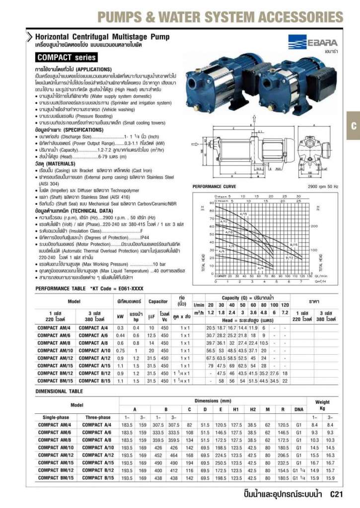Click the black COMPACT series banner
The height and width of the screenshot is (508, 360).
[x=67, y=58]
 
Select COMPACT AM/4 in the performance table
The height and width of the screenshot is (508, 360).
[x=55, y=328]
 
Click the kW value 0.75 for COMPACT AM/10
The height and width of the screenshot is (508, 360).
[x=120, y=350]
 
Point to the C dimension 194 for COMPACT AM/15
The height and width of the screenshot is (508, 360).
[x=189, y=462]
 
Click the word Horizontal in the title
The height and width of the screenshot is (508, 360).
[x=55, y=37]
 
